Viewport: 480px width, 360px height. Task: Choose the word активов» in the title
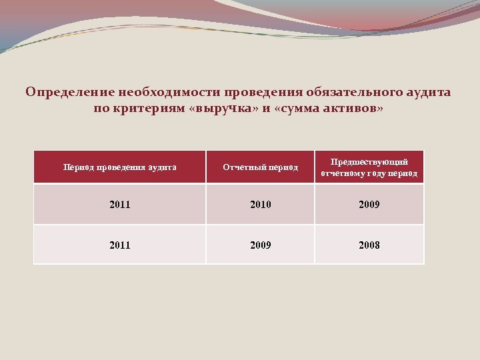pyautogui.click(x=354, y=108)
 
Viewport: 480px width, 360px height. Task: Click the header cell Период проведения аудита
pyautogui.click(x=120, y=167)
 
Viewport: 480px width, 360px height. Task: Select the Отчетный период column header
pyautogui.click(x=260, y=167)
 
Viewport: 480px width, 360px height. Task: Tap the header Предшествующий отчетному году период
pyautogui.click(x=369, y=167)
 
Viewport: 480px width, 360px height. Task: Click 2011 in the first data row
pyautogui.click(x=120, y=205)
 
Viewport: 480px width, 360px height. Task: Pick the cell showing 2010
pyautogui.click(x=260, y=205)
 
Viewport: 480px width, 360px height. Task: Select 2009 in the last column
pyautogui.click(x=369, y=205)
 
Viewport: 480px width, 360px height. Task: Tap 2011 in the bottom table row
pyautogui.click(x=120, y=245)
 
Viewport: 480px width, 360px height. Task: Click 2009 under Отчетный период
pyautogui.click(x=260, y=245)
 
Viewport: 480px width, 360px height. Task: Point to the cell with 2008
pyautogui.click(x=369, y=245)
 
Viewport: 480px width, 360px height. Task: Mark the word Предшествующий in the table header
pyautogui.click(x=369, y=162)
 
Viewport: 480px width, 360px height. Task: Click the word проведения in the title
pyautogui.click(x=265, y=91)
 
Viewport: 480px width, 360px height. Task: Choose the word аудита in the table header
pyautogui.click(x=163, y=167)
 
